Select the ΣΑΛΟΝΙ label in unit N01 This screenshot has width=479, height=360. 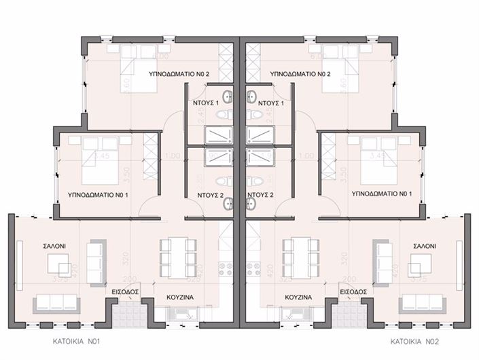tap(35, 245)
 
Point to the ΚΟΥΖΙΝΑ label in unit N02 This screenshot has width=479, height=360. tap(298, 297)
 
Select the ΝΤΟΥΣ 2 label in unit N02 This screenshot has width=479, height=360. tap(260, 194)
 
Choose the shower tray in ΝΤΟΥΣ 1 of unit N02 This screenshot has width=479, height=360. tap(259, 132)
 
